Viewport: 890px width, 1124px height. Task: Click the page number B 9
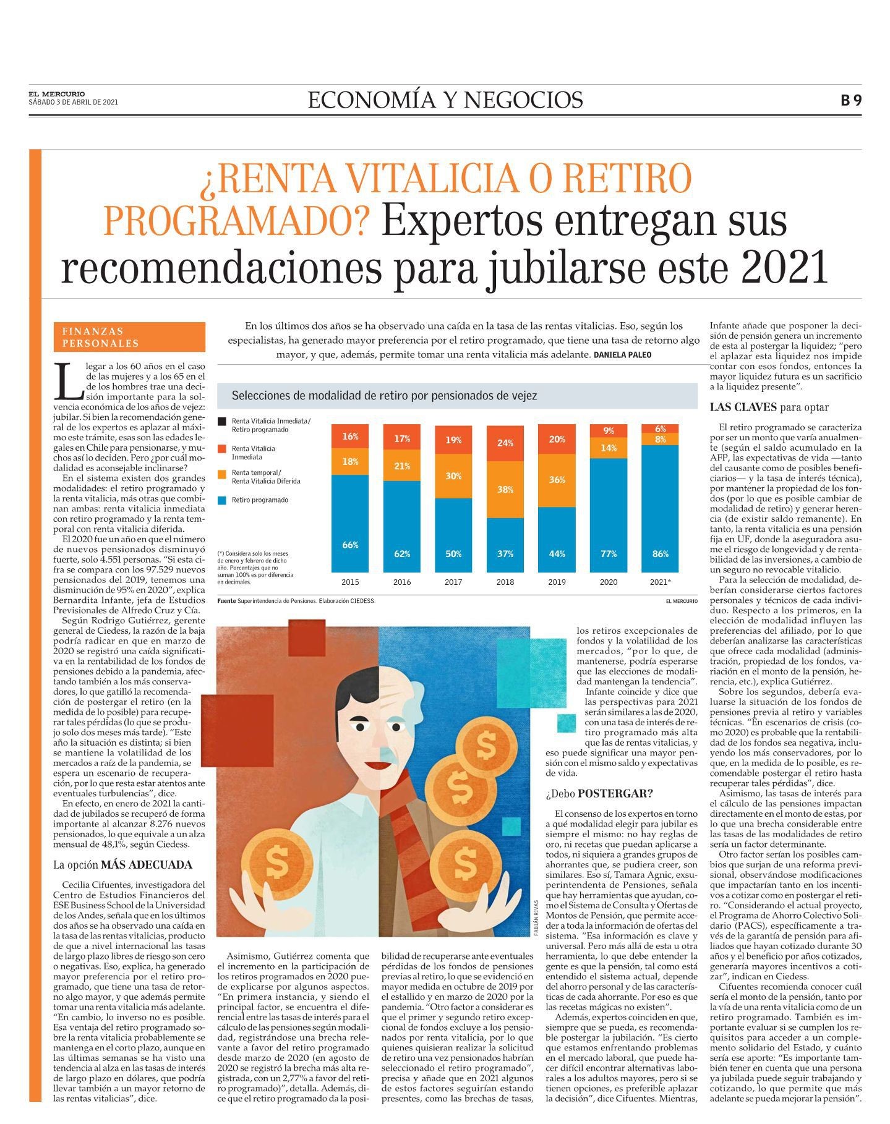pos(850,100)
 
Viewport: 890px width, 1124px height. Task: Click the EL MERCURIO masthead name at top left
pos(57,94)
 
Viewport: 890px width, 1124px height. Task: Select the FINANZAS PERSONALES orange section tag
pos(129,337)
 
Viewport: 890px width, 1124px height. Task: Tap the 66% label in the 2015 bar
pos(350,545)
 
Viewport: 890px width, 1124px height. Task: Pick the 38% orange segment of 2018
pos(505,490)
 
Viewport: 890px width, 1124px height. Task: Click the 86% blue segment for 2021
pos(660,508)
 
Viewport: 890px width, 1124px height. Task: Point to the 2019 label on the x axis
pos(557,582)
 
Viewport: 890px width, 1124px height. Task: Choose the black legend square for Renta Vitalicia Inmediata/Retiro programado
pos(221,422)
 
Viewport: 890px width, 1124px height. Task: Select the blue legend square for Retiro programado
pos(221,500)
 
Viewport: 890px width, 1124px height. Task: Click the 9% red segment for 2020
pos(609,431)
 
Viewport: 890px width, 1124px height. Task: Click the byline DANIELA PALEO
pos(622,356)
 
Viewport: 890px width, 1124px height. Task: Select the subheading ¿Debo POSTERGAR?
pos(599,793)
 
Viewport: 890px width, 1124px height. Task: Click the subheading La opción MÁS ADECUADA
pos(122,865)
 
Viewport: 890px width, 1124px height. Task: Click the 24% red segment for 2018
pos(505,443)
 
